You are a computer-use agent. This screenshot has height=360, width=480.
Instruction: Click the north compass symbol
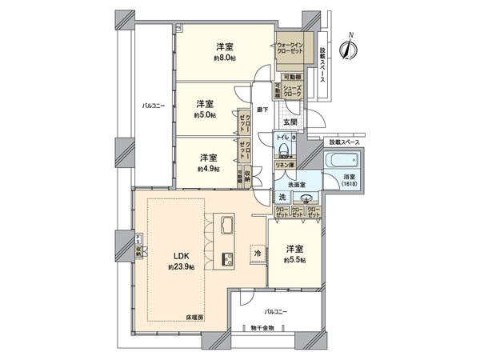pos(348,49)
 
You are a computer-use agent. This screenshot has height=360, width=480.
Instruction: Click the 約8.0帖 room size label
pos(224,58)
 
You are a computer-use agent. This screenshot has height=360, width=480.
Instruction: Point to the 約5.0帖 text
pos(205,115)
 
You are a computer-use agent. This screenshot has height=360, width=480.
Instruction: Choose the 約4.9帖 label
pos(209,169)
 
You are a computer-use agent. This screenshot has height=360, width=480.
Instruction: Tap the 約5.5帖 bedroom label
pos(296,261)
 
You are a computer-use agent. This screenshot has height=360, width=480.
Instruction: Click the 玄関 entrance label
pos(290,122)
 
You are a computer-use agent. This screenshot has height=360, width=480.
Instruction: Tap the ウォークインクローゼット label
pos(290,48)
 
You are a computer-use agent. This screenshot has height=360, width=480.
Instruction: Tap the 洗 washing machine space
pos(282,197)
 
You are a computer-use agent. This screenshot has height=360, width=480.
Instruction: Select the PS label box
pos(137,240)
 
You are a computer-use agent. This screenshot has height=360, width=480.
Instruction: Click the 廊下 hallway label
pos(261,110)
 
